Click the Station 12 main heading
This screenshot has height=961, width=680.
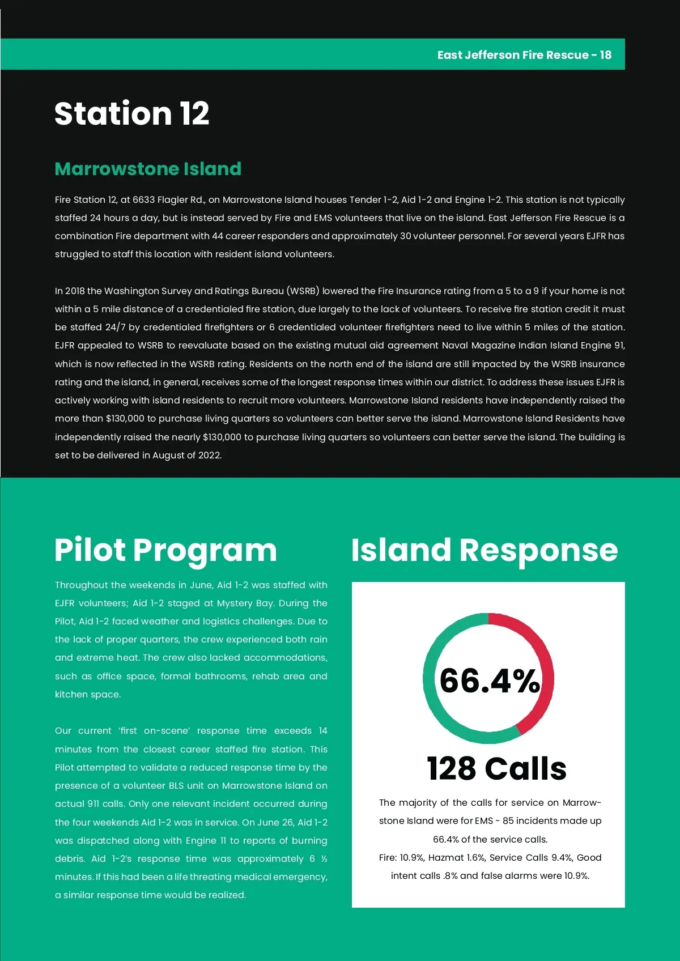point(131,113)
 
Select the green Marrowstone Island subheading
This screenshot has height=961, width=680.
point(148,169)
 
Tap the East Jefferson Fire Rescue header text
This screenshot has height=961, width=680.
point(524,55)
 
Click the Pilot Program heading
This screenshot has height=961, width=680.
point(165,550)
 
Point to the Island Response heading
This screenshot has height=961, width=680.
point(484,550)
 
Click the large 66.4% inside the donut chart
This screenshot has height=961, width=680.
point(489,681)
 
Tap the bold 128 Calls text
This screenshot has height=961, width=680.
point(496,769)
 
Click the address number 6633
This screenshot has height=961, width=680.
point(143,199)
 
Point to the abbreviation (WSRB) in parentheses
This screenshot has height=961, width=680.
point(304,291)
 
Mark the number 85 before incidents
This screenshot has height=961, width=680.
point(508,820)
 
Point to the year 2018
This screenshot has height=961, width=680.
point(75,291)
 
